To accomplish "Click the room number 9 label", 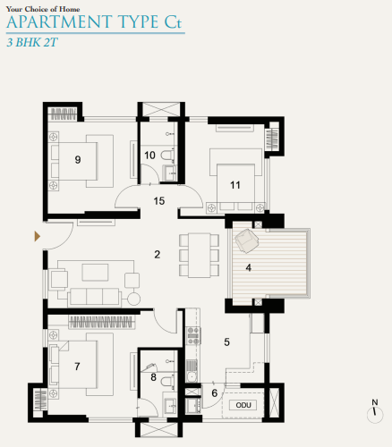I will (78, 160).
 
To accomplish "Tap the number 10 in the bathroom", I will (149, 156).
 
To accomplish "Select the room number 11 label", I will (235, 185).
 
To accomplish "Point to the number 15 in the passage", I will (159, 200).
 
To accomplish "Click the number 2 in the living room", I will (157, 256).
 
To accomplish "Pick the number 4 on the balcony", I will (249, 266).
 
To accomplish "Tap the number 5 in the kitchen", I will (226, 342).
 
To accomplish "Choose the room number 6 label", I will (215, 392).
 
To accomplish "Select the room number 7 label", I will (78, 367).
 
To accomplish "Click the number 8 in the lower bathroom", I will (154, 378).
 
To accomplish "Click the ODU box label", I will (242, 405).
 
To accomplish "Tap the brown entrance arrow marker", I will (37, 236).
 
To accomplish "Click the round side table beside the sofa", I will (134, 299).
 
